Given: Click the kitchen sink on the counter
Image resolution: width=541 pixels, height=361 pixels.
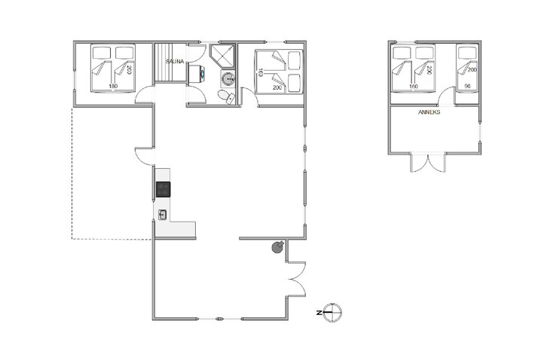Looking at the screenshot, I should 162,215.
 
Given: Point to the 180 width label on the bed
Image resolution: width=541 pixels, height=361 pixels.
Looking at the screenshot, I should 113,86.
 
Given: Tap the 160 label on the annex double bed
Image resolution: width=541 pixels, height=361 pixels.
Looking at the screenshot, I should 413,86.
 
